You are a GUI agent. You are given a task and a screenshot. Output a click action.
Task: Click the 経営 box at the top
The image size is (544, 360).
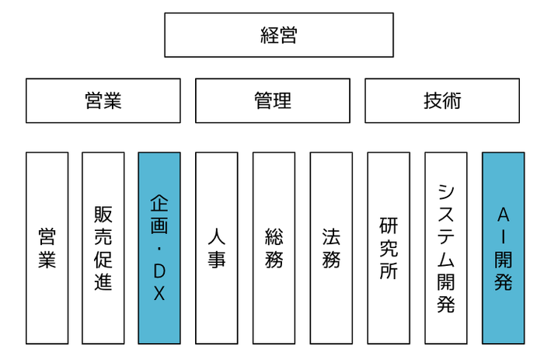click(x=279, y=35)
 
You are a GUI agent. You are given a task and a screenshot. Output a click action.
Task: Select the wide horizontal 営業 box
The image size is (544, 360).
click(x=103, y=100)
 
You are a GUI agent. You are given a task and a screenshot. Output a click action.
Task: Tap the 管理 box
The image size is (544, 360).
click(x=273, y=100)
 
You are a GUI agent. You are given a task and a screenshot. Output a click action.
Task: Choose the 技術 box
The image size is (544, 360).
click(x=442, y=100)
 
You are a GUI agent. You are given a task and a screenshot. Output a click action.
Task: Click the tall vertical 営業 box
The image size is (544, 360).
click(x=47, y=248)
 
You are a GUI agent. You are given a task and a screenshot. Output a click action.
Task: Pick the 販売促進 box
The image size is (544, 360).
click(x=103, y=248)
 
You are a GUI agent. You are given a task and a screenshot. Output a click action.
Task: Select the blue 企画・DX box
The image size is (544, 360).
click(x=159, y=248)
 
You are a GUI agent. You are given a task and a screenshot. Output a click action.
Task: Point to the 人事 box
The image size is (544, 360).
click(x=217, y=248)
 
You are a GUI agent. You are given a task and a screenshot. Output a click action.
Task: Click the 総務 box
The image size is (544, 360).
click(x=274, y=248)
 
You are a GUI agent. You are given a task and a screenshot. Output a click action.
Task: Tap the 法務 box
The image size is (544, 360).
click(x=331, y=248)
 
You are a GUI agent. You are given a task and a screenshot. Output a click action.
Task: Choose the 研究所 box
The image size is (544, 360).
click(x=389, y=248)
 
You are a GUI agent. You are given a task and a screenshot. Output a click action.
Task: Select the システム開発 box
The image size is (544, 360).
click(x=446, y=248)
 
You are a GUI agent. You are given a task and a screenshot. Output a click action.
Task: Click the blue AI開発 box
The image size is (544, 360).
click(x=504, y=248)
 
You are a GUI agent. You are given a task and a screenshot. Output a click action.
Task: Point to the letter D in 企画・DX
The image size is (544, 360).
click(x=159, y=271)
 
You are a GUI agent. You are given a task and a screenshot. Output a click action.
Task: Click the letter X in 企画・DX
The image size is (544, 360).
click(x=159, y=293)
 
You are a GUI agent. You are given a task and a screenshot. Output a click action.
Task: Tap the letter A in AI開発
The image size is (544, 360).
click(x=504, y=215)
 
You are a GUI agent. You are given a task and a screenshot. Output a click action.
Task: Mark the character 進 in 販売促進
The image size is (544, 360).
click(x=103, y=281)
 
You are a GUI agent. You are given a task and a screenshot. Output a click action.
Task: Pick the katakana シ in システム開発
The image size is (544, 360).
click(x=446, y=193)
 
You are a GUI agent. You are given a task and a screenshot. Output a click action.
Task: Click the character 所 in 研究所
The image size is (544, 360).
click(x=389, y=271)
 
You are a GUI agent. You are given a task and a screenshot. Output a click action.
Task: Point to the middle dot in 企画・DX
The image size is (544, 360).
click(x=159, y=249)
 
